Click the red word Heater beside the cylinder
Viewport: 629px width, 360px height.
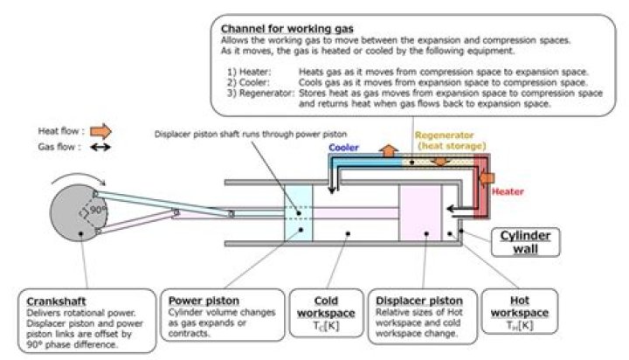click(507, 191)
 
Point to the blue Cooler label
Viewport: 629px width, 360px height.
click(343, 148)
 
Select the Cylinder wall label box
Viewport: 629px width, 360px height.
click(521, 241)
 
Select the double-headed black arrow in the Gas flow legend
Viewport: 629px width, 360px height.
click(100, 147)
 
